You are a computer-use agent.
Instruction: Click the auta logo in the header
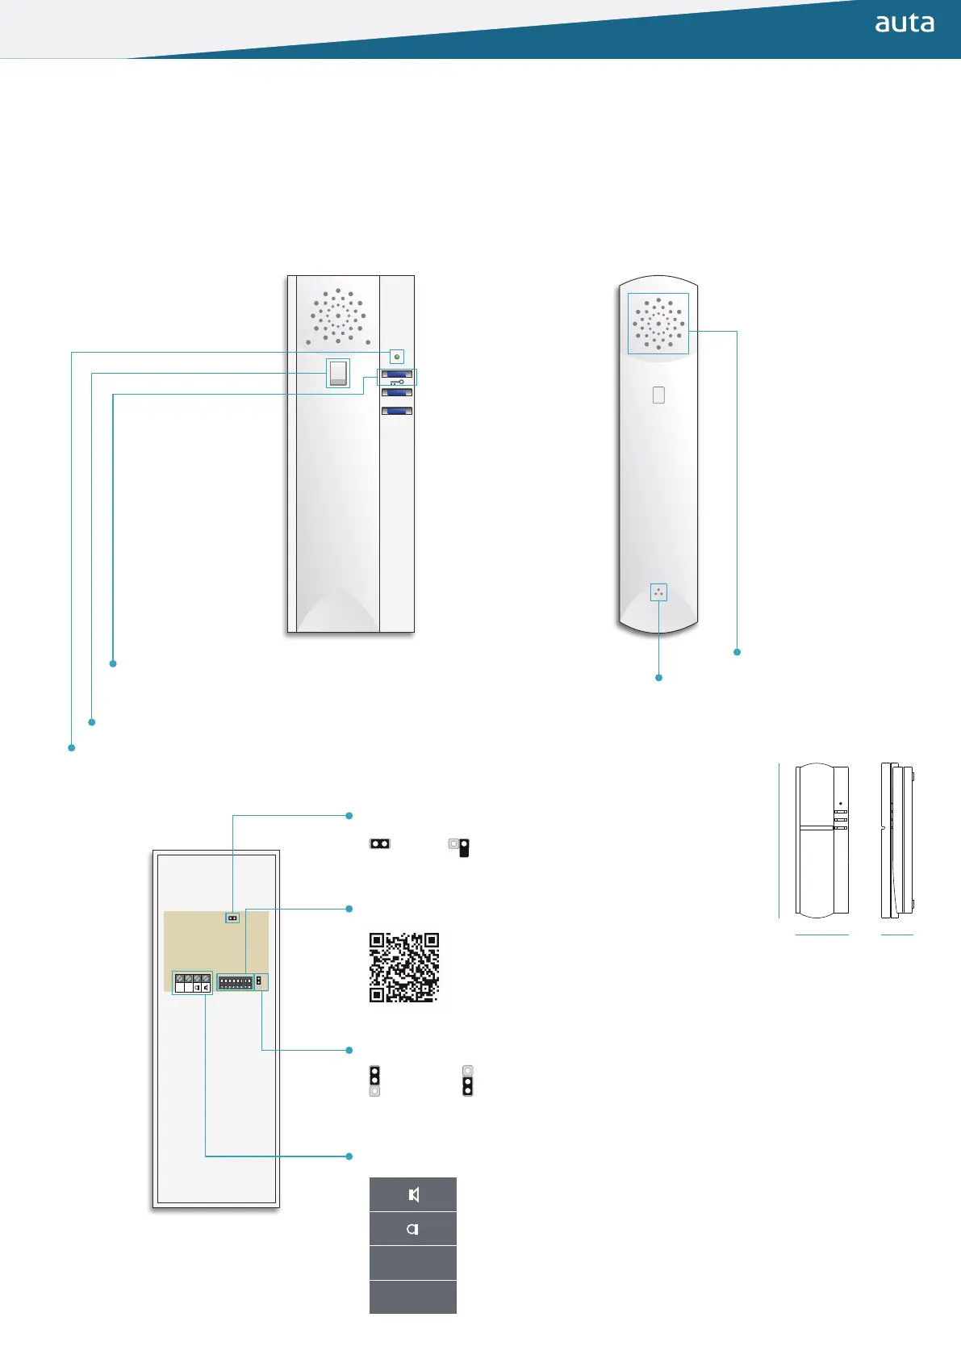(905, 23)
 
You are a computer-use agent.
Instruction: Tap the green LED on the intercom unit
(397, 357)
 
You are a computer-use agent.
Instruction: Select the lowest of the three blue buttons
(396, 412)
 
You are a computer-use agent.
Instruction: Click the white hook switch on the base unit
(338, 373)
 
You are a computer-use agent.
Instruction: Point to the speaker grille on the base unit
(338, 316)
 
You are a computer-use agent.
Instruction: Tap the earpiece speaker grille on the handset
(658, 323)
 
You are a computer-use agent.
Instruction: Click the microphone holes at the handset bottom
(658, 592)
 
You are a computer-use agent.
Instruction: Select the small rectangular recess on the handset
(658, 395)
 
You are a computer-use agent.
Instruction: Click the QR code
(404, 968)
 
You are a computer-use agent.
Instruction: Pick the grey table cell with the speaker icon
(413, 1194)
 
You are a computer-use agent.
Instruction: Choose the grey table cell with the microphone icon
(413, 1229)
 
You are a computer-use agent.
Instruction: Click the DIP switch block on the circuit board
(236, 983)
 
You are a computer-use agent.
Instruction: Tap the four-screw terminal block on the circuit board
(193, 982)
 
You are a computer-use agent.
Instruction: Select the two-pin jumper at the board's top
(232, 918)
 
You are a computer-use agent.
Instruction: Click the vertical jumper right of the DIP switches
(259, 981)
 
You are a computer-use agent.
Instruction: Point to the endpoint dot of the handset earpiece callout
(737, 652)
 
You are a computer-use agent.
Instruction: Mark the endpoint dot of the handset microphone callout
(659, 678)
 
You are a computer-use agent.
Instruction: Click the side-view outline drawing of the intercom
(896, 840)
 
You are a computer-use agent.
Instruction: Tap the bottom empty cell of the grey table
(413, 1297)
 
